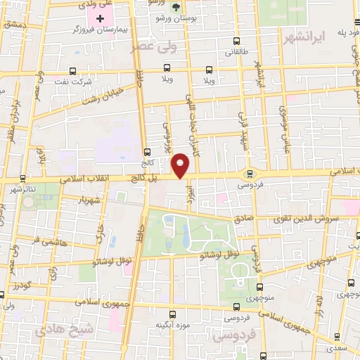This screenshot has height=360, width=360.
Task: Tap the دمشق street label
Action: [13, 25]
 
